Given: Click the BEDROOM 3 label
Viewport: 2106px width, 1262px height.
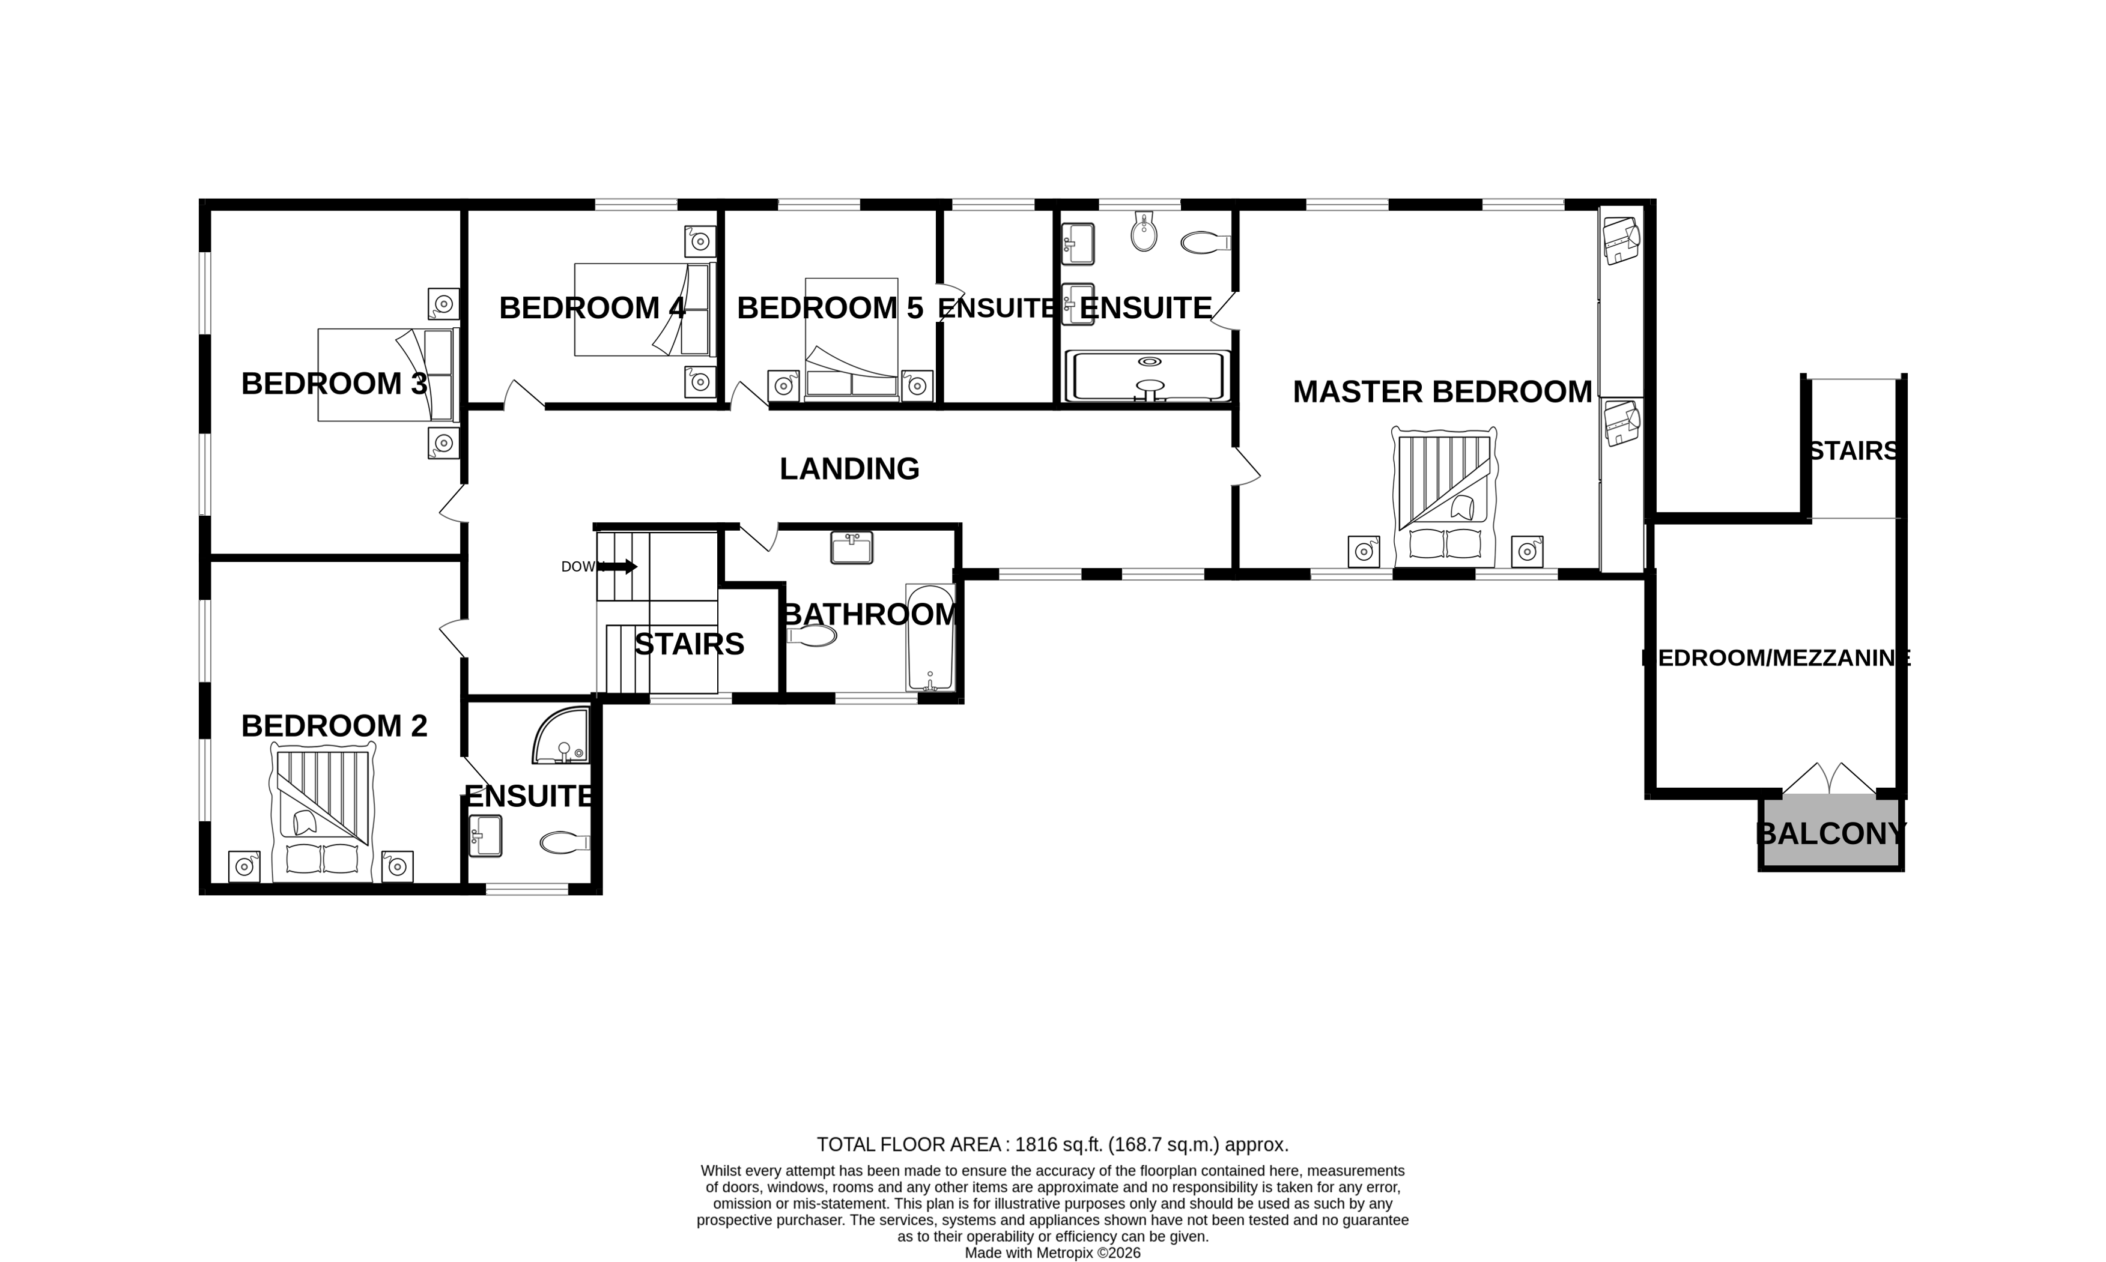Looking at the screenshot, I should coord(333,384).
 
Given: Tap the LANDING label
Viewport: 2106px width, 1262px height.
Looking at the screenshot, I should coord(849,468).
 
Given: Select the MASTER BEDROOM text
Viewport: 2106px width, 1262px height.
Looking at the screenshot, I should coord(1442,392).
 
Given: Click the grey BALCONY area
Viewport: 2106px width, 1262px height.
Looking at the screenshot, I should coord(1830,833).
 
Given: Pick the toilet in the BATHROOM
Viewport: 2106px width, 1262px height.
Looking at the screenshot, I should coord(812,635).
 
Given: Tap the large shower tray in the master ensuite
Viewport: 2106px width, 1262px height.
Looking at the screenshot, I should coord(1149,376).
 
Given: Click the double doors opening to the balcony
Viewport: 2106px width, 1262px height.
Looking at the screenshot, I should coord(1828,779).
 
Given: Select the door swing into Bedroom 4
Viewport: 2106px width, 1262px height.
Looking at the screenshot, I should coord(524,394).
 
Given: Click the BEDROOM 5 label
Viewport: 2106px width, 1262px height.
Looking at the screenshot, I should coord(830,308).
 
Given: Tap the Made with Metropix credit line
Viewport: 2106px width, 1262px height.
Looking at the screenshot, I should coord(1052,1252).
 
